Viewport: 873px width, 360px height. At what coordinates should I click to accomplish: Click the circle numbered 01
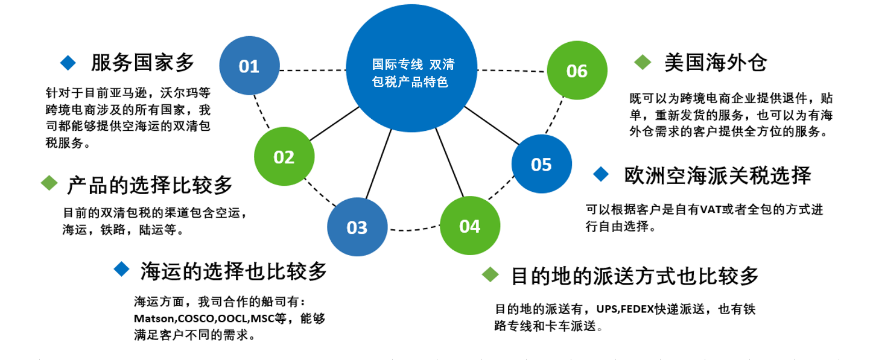pos(249,66)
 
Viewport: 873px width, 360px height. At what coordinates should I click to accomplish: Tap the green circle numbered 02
pos(284,156)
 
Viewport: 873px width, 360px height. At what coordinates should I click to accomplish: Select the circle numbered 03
pos(357,227)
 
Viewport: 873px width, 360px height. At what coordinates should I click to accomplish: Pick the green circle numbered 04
pos(469,226)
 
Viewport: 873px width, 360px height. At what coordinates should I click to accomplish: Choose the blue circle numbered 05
pos(541,163)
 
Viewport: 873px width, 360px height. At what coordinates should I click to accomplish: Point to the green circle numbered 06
pos(577,70)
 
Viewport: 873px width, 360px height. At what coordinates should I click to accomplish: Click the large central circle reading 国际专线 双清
pos(411,68)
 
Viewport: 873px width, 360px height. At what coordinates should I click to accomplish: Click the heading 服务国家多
pos(142,63)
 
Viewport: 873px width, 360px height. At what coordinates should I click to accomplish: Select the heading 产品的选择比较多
pos(150,185)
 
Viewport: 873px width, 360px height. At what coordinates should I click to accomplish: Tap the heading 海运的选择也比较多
pos(233,271)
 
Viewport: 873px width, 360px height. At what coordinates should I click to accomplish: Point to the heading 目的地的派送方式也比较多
pos(635,276)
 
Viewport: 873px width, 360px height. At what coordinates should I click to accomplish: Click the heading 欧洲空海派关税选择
pos(717,175)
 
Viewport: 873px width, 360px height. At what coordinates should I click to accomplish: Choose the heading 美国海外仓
pos(716,62)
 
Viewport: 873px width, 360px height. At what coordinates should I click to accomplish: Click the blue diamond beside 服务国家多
pos(68,63)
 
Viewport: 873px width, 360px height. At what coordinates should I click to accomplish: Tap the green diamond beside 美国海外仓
pos(643,62)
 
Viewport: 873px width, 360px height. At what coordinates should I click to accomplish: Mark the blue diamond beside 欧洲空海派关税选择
pos(600,174)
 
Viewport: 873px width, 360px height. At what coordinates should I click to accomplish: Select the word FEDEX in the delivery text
pos(637,309)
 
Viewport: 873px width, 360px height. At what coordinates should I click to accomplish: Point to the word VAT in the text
pos(711,210)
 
